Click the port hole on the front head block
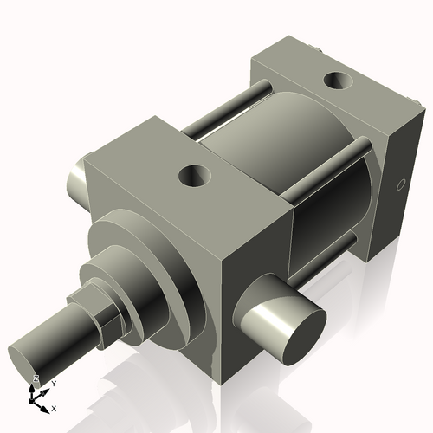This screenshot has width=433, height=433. [195, 177]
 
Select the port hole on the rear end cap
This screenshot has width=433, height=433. [335, 83]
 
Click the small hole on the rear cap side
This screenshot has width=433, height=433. [400, 185]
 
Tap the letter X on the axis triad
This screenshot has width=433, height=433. [55, 407]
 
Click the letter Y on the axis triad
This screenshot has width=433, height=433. [54, 382]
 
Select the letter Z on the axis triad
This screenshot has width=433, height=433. [36, 378]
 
